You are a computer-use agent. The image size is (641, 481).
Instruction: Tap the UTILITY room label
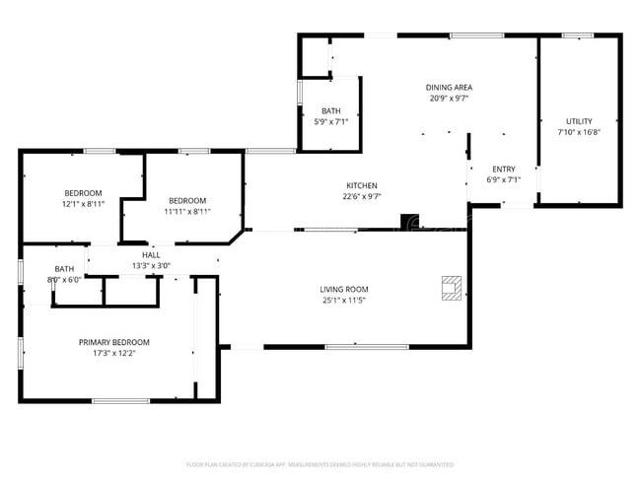(579, 121)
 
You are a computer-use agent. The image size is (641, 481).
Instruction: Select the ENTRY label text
(503, 169)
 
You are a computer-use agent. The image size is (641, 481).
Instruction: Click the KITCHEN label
(361, 185)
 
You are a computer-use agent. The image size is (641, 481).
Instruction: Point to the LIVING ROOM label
(343, 289)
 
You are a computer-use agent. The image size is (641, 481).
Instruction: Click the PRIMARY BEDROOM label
(114, 342)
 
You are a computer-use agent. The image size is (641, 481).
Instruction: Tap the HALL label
(151, 254)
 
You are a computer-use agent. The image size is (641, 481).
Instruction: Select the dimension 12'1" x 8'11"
(83, 203)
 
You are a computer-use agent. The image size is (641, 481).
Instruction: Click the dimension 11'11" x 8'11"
(186, 210)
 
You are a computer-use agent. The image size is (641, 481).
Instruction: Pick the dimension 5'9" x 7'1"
(330, 121)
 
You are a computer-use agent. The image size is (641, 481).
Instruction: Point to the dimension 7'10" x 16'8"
(579, 132)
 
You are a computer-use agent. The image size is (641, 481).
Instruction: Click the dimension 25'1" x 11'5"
(343, 300)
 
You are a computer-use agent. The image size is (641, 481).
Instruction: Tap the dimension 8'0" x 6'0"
(64, 279)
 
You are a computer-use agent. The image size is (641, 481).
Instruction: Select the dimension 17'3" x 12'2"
(114, 353)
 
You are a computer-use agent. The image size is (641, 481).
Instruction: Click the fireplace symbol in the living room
(451, 287)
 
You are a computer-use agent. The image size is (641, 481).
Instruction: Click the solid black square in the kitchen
(407, 220)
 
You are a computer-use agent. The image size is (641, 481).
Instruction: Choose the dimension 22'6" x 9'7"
(361, 196)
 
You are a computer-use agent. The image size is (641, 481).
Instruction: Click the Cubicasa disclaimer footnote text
(320, 463)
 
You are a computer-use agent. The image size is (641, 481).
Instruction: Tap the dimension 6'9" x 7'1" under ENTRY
(503, 179)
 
